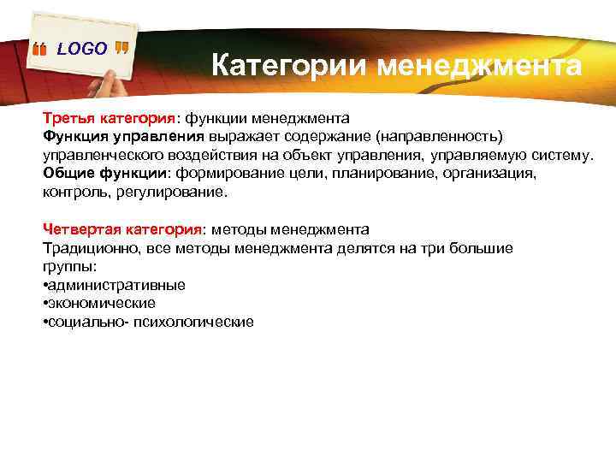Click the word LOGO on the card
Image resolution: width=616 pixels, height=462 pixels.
tap(82, 49)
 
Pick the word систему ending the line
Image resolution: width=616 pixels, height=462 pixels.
tap(557, 155)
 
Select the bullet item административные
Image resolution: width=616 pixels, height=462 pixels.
tap(116, 285)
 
